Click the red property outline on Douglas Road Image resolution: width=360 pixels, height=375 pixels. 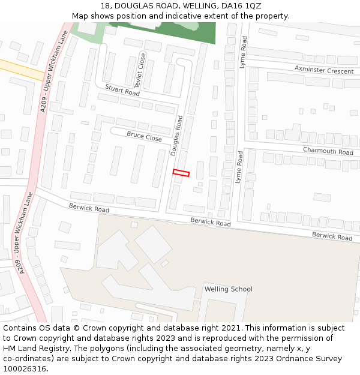click(181, 173)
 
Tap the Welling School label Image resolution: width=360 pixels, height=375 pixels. click(228, 289)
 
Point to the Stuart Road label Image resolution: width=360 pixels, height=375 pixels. click(122, 91)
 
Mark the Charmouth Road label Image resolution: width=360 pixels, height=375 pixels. click(328, 151)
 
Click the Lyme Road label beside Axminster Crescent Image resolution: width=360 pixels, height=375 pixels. click(244, 52)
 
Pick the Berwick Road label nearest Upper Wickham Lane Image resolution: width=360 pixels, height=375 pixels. click(89, 208)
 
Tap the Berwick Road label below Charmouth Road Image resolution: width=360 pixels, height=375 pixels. click(332, 236)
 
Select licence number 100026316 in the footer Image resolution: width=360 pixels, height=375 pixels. click(24, 369)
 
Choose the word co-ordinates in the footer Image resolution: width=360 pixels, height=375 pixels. click(27, 359)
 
